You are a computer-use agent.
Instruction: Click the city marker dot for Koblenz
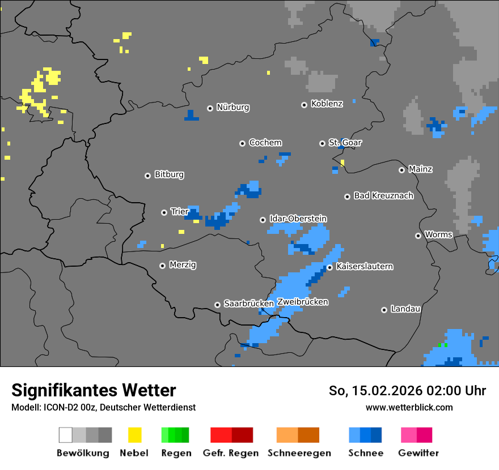(x=304, y=105)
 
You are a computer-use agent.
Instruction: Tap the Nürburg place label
(x=232, y=107)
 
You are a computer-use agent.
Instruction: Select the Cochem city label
(x=265, y=143)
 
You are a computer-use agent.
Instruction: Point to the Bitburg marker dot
(x=147, y=176)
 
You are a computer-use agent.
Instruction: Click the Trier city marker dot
(x=164, y=212)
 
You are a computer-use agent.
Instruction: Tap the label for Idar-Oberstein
(x=298, y=219)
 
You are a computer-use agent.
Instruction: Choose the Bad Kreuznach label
(x=383, y=196)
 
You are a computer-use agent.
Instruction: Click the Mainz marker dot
(x=401, y=170)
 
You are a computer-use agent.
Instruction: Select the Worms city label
(x=438, y=234)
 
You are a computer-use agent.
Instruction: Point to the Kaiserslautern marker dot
(x=329, y=267)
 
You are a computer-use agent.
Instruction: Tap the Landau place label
(x=405, y=309)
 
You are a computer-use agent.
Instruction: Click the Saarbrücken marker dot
(x=217, y=305)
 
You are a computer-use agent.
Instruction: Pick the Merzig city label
(x=183, y=265)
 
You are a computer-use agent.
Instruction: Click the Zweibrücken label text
(x=302, y=302)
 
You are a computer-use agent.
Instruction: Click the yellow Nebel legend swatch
(x=134, y=435)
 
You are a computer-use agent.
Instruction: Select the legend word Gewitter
(x=418, y=453)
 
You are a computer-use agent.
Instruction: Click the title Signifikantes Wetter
(x=94, y=391)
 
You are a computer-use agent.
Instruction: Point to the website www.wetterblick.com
(x=409, y=407)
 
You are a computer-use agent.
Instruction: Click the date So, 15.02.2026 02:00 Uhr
(x=407, y=391)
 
